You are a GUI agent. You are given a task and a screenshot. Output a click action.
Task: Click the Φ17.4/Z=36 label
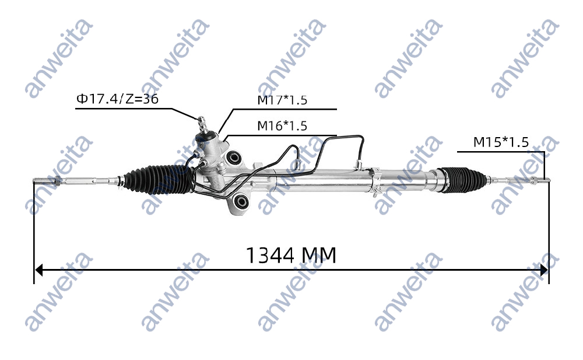117,99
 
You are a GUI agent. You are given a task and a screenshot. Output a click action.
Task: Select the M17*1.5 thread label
282,100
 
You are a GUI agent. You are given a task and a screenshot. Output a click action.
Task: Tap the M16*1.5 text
282,125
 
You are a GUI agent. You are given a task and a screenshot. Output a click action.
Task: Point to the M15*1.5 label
500,142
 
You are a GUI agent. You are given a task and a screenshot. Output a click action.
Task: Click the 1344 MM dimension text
291,256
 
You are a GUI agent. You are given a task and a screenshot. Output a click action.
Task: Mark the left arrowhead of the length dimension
39,270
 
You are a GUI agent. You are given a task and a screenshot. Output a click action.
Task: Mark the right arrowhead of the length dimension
543,270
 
